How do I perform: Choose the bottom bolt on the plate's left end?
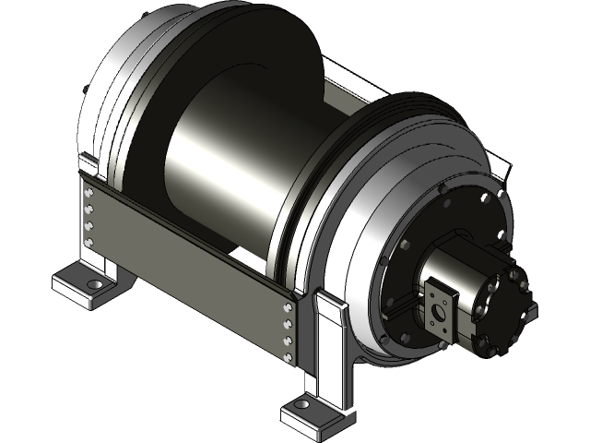pos(89,242)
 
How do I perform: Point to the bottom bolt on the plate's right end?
pos(289,354)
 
